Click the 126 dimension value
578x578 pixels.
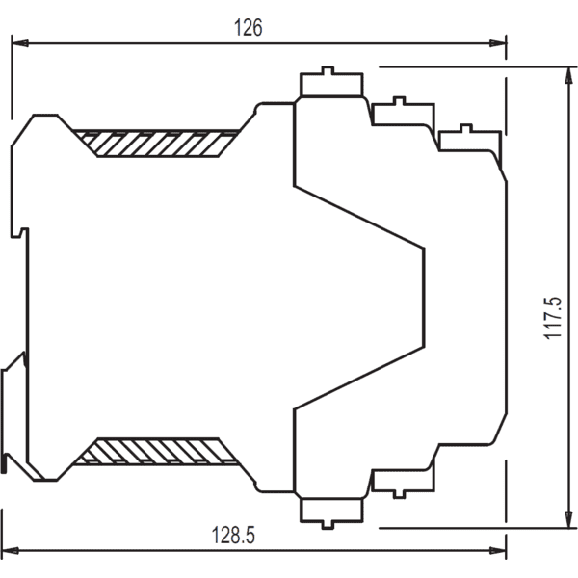249,27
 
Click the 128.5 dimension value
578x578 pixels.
233,535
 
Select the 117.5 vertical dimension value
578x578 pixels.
553,318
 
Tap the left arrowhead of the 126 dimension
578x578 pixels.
20,43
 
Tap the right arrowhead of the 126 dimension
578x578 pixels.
498,43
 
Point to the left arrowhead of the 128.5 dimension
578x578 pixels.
11,551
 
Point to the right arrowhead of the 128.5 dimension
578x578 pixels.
498,551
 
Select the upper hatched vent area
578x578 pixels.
157,144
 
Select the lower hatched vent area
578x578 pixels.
157,451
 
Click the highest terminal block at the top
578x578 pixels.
331,82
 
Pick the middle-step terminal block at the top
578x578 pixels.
404,112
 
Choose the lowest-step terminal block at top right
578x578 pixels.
470,138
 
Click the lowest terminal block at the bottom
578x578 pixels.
331,512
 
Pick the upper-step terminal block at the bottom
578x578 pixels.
404,484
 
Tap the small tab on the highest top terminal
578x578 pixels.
328,70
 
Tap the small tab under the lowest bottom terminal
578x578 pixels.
328,525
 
